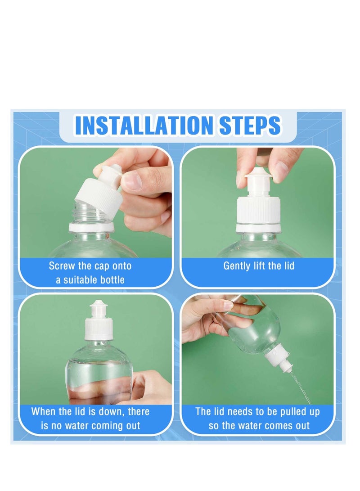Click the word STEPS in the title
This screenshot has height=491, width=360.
pyautogui.click(x=250, y=126)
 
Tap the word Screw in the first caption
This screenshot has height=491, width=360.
pyautogui.click(x=62, y=266)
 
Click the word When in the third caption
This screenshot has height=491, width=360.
pyautogui.click(x=43, y=411)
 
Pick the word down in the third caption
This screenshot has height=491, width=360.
pyautogui.click(x=112, y=411)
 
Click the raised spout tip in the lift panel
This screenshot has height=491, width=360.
pyautogui.click(x=259, y=177)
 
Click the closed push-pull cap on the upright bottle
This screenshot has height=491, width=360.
pyautogui.click(x=98, y=321)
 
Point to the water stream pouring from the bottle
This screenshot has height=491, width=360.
pyautogui.click(x=301, y=387)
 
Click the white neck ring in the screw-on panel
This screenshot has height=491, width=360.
pyautogui.click(x=91, y=227)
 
